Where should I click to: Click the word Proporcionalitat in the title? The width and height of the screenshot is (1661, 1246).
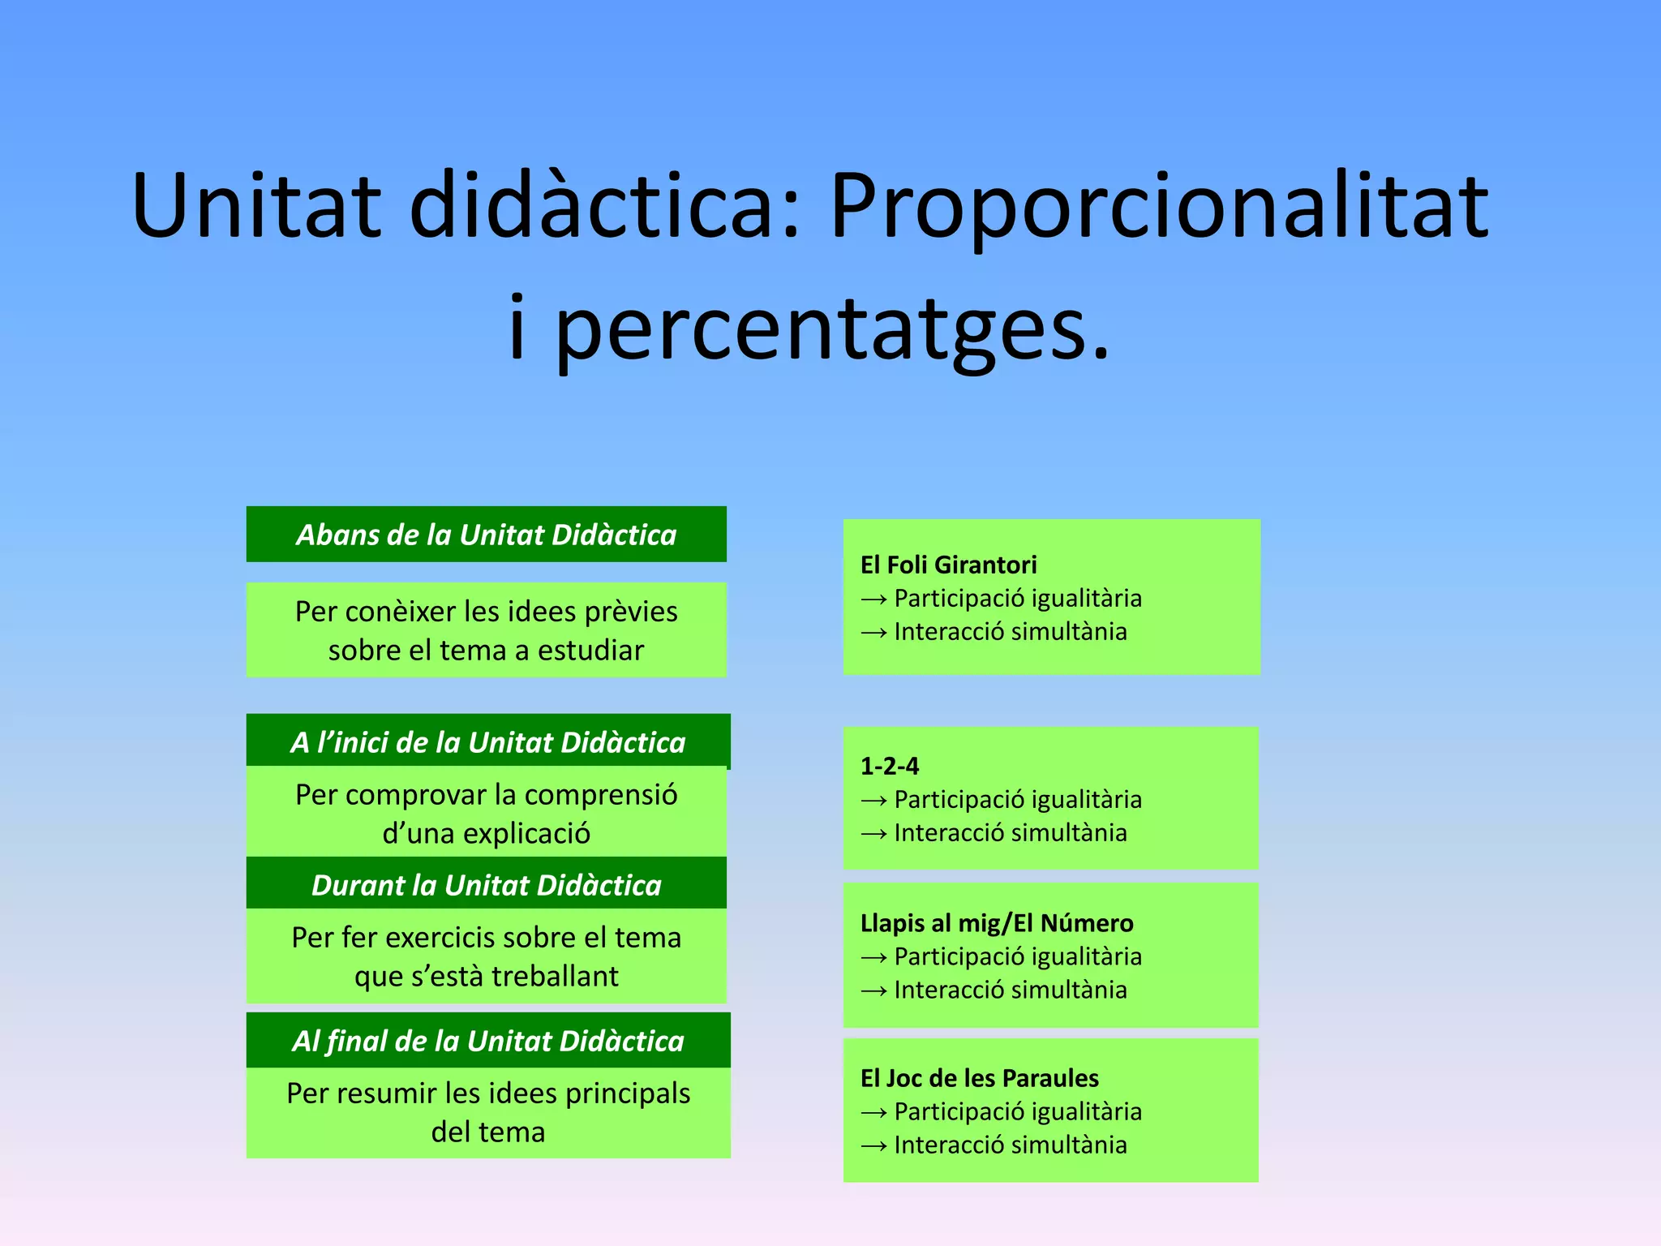coord(1160,207)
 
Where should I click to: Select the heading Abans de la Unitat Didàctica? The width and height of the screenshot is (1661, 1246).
coord(486,535)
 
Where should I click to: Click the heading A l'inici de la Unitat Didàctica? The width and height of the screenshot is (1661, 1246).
coord(487,742)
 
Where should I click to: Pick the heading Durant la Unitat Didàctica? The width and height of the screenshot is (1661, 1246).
coord(486,885)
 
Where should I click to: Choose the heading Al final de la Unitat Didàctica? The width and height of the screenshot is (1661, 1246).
coord(487,1041)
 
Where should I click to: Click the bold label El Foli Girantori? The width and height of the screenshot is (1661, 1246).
coord(948,565)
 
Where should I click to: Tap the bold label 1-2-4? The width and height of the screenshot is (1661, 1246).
coord(889,766)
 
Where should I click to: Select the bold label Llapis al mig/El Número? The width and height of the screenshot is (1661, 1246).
coord(996,923)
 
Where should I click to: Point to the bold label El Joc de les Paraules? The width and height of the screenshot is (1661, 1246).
coord(979,1078)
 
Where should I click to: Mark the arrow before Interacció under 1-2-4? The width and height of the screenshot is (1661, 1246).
coord(873,834)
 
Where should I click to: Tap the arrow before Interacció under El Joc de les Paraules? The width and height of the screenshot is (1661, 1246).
coord(873,1146)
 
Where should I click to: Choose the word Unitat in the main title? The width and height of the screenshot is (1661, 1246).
coord(255,207)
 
